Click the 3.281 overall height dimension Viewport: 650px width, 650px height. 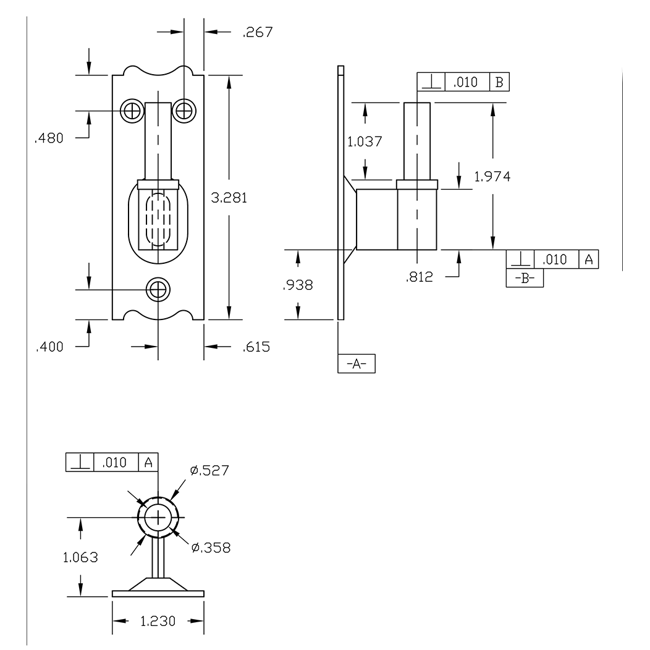click(x=229, y=198)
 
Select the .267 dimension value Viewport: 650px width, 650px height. click(x=257, y=32)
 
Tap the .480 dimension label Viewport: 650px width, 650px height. click(x=49, y=138)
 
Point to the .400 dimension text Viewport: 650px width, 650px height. click(x=49, y=346)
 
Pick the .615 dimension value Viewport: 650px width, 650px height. click(x=256, y=347)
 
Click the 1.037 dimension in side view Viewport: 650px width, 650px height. click(x=365, y=141)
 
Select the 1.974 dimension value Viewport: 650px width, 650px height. click(x=492, y=177)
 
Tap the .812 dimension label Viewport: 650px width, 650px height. click(x=420, y=278)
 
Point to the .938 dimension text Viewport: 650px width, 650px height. click(x=298, y=285)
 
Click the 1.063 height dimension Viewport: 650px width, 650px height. click(x=80, y=557)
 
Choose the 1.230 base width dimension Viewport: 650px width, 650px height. click(x=158, y=622)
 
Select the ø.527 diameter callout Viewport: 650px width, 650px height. click(x=209, y=471)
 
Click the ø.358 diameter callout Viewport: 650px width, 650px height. click(x=211, y=547)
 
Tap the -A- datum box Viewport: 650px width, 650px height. click(x=357, y=365)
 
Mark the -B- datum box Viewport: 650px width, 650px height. click(x=525, y=278)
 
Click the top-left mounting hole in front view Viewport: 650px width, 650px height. click(x=131, y=111)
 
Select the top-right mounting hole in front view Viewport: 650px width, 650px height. click(x=184, y=111)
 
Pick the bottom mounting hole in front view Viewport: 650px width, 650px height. click(x=158, y=289)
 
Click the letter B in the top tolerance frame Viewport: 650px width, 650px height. click(x=499, y=82)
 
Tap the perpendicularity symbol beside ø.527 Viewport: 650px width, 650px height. click(x=79, y=462)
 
